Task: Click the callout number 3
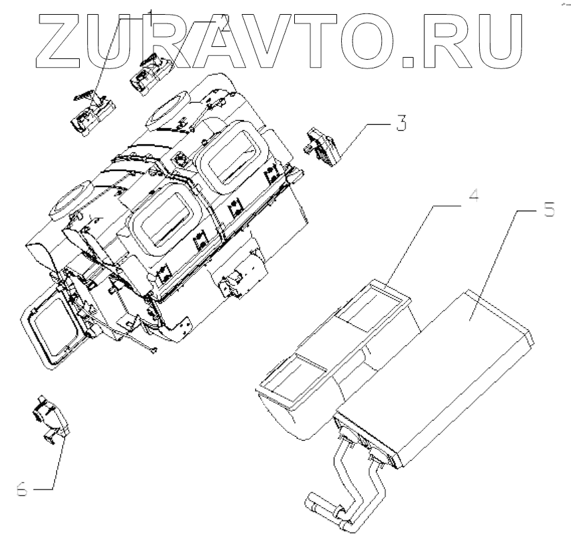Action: click(401, 125)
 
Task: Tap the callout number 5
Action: click(548, 210)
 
